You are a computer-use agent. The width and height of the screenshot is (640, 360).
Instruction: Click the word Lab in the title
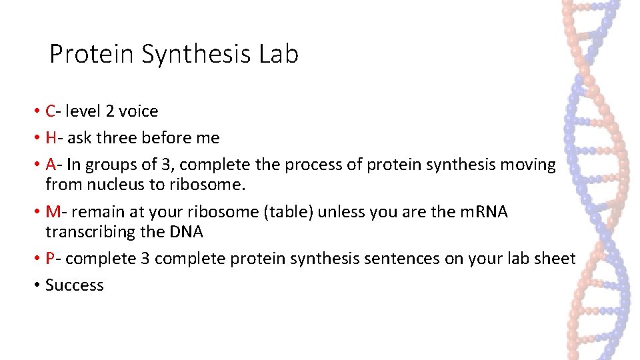click(x=278, y=54)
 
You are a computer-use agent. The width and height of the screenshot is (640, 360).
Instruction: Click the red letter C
click(x=51, y=111)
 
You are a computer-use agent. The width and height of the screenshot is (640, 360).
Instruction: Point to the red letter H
click(x=51, y=138)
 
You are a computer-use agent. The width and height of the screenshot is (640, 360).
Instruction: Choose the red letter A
click(x=51, y=165)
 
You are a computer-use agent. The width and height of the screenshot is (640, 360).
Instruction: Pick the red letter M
click(x=53, y=212)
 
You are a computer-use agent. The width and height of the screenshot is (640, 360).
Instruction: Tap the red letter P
click(x=51, y=259)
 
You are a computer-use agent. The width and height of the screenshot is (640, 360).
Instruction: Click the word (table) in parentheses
click(x=294, y=212)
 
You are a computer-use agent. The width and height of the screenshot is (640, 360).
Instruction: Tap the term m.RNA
click(x=479, y=212)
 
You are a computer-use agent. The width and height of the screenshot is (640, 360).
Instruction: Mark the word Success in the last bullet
click(x=75, y=285)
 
